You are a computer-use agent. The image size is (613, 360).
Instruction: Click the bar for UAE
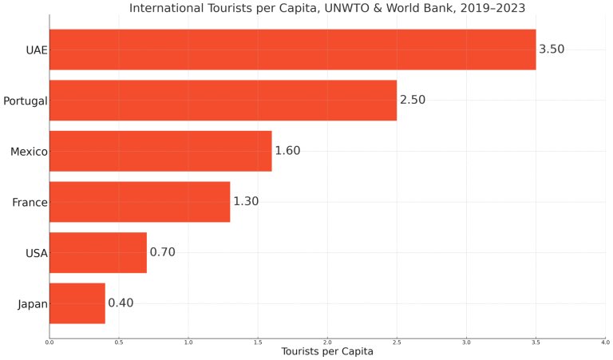pyautogui.click(x=292, y=49)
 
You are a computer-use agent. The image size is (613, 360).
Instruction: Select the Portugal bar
pyautogui.click(x=223, y=101)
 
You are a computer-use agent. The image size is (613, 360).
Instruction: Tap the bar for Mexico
pyautogui.click(x=160, y=151)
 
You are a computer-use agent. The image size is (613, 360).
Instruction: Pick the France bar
pyautogui.click(x=140, y=202)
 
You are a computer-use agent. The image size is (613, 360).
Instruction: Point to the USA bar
pyautogui.click(x=98, y=252)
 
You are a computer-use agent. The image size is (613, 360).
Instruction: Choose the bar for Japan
pyautogui.click(x=77, y=303)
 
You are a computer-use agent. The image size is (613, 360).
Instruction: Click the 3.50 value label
pyautogui.click(x=552, y=49)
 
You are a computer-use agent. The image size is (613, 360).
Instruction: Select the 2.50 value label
pyautogui.click(x=413, y=101)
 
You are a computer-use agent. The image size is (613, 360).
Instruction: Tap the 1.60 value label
pyautogui.click(x=287, y=151)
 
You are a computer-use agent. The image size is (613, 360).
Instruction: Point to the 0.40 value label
pyautogui.click(x=121, y=303)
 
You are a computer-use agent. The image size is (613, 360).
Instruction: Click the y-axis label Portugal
pyautogui.click(x=25, y=101)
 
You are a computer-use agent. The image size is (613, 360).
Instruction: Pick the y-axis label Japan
pyautogui.click(x=32, y=303)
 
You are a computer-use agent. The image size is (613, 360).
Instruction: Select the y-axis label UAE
pyautogui.click(x=37, y=49)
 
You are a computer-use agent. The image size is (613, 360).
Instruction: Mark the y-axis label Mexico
pyautogui.click(x=29, y=151)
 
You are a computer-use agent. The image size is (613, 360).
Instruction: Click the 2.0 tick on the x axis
pyautogui.click(x=327, y=342)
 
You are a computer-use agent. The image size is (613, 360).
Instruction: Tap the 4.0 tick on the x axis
pyautogui.click(x=605, y=342)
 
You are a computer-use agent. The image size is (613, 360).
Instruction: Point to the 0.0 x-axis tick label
pyautogui.click(x=49, y=342)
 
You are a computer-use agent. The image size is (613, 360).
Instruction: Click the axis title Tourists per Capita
pyautogui.click(x=327, y=352)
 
